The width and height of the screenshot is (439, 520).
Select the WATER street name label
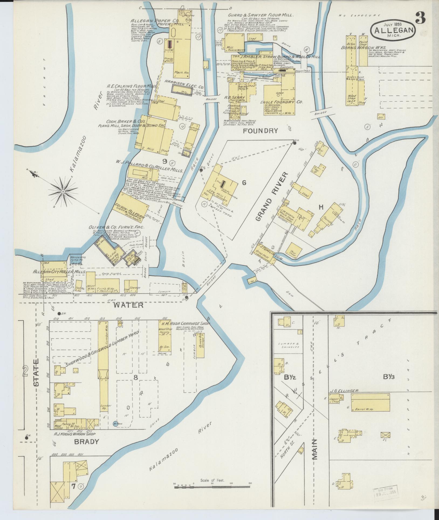point(128,305)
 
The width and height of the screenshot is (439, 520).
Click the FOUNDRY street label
point(260,131)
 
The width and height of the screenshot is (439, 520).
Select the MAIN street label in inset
point(315,449)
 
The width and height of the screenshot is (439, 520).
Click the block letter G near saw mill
point(244,183)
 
